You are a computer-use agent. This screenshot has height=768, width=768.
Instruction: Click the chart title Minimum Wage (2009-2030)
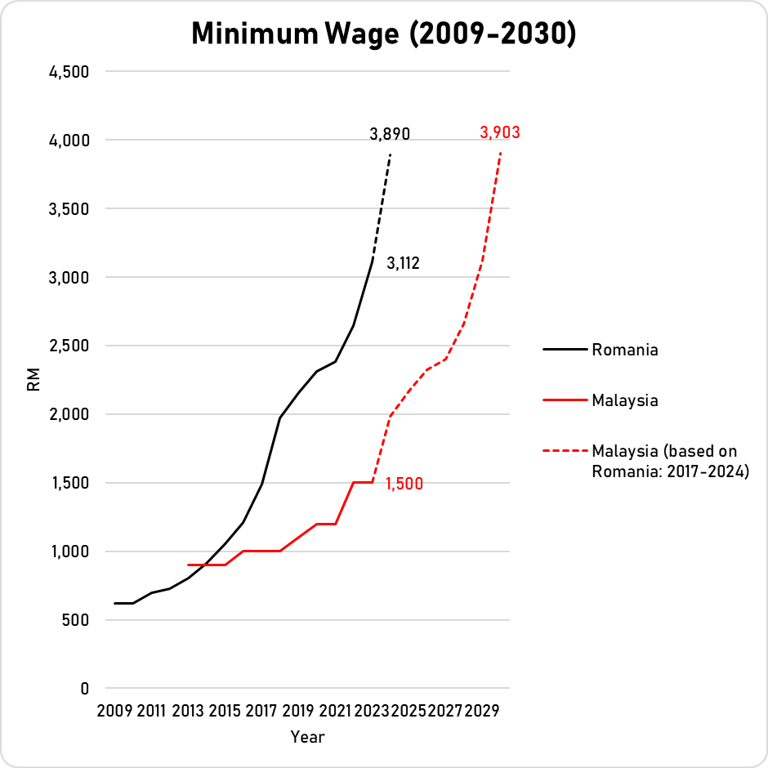point(383,35)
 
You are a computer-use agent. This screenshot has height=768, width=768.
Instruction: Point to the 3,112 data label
point(403,263)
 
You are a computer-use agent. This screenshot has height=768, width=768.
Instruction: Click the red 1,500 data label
point(405,483)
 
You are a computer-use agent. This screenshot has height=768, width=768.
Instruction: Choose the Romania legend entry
point(625,350)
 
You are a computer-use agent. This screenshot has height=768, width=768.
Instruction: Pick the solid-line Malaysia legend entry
point(625,400)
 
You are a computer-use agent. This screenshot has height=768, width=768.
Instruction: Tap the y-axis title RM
point(33,380)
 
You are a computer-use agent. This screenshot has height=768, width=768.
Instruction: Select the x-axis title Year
point(307,737)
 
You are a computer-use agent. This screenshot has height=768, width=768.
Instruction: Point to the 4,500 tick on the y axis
point(69,72)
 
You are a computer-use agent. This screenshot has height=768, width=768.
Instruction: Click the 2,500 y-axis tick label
point(69,346)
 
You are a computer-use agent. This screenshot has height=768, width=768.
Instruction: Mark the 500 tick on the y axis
point(74,620)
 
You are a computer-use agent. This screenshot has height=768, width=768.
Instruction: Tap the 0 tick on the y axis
point(84,689)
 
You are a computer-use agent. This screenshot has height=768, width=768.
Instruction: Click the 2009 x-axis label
point(114,710)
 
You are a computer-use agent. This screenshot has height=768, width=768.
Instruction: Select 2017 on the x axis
point(261,710)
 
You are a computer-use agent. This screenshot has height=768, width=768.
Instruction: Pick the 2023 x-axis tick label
point(372,710)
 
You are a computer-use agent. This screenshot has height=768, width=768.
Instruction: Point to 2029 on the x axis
point(482,710)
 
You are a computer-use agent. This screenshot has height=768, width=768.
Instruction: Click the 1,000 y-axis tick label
point(69,551)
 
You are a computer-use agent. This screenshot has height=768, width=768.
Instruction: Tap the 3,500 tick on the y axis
point(69,209)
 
